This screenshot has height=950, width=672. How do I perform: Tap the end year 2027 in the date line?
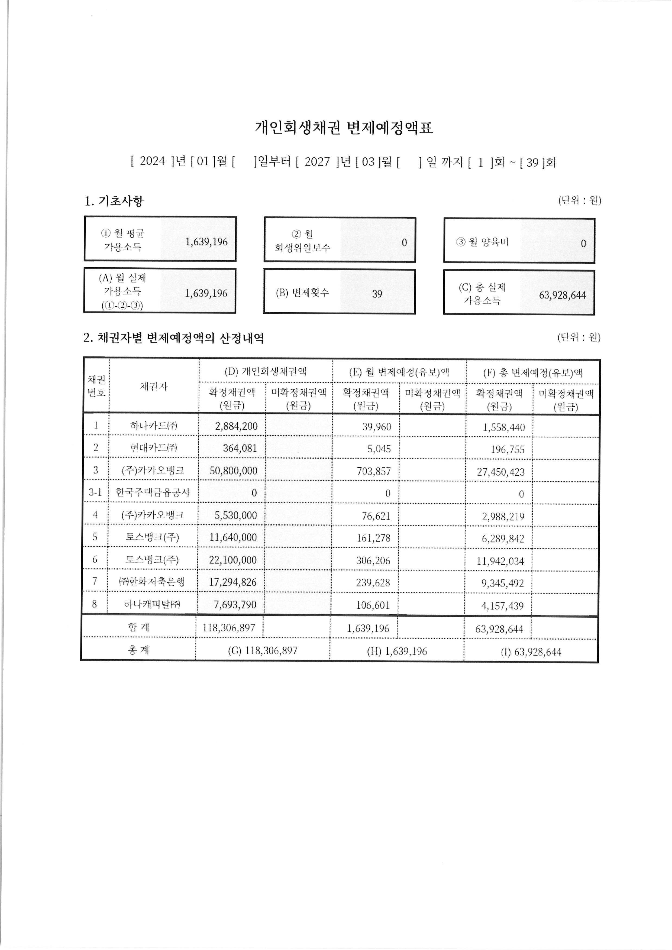(317, 161)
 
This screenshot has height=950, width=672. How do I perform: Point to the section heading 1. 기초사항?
(114, 201)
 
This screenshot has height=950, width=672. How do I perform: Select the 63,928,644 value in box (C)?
(562, 295)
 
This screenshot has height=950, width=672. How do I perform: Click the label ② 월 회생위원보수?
(302, 241)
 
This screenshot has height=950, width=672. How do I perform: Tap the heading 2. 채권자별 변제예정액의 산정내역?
(173, 338)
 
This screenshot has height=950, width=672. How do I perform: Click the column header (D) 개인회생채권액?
(265, 371)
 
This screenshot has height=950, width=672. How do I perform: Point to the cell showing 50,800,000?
(233, 471)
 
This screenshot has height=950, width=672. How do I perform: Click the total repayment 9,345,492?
(502, 583)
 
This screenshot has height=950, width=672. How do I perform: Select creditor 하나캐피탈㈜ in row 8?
(152, 604)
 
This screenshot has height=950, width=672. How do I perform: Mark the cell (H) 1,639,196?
(396, 651)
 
